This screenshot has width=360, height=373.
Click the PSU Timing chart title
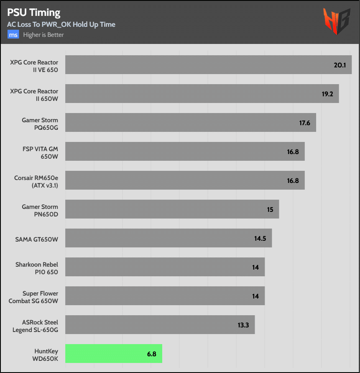coord(33,13)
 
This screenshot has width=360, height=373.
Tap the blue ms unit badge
coord(13,35)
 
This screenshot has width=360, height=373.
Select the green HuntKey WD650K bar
coord(114,353)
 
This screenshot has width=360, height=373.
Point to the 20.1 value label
coord(339,65)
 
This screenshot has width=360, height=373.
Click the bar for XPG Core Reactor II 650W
coord(202,93)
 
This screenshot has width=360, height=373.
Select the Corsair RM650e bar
coord(185,180)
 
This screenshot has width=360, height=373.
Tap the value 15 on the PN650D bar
coord(270,209)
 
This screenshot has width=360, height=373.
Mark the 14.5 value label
coord(260,239)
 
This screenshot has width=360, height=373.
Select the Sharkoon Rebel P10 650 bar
coord(165,267)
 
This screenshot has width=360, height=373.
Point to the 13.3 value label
coord(243,325)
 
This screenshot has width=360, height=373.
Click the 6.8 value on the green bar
coord(151,354)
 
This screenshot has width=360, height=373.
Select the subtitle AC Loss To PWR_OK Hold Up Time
coord(61,24)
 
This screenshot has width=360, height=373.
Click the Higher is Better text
coord(43,35)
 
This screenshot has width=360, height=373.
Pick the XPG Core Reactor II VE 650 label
coord(34,66)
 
